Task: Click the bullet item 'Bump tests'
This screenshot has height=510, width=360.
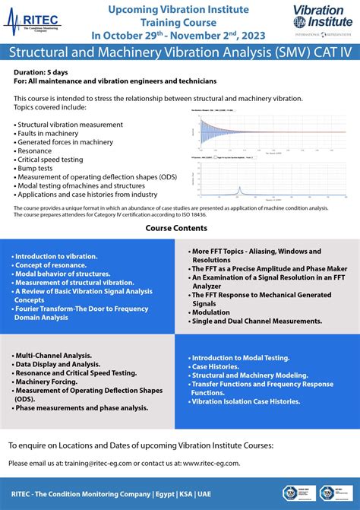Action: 35,167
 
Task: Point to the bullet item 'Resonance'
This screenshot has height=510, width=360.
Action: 35,150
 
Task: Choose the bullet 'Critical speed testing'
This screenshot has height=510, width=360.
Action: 52,159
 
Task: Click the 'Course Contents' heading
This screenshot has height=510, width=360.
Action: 179,227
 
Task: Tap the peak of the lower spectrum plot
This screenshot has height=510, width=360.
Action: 262,189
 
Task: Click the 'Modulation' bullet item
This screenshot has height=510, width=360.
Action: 211,312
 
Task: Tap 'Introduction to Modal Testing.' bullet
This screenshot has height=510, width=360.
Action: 242,357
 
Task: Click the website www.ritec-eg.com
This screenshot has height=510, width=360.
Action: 211,463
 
